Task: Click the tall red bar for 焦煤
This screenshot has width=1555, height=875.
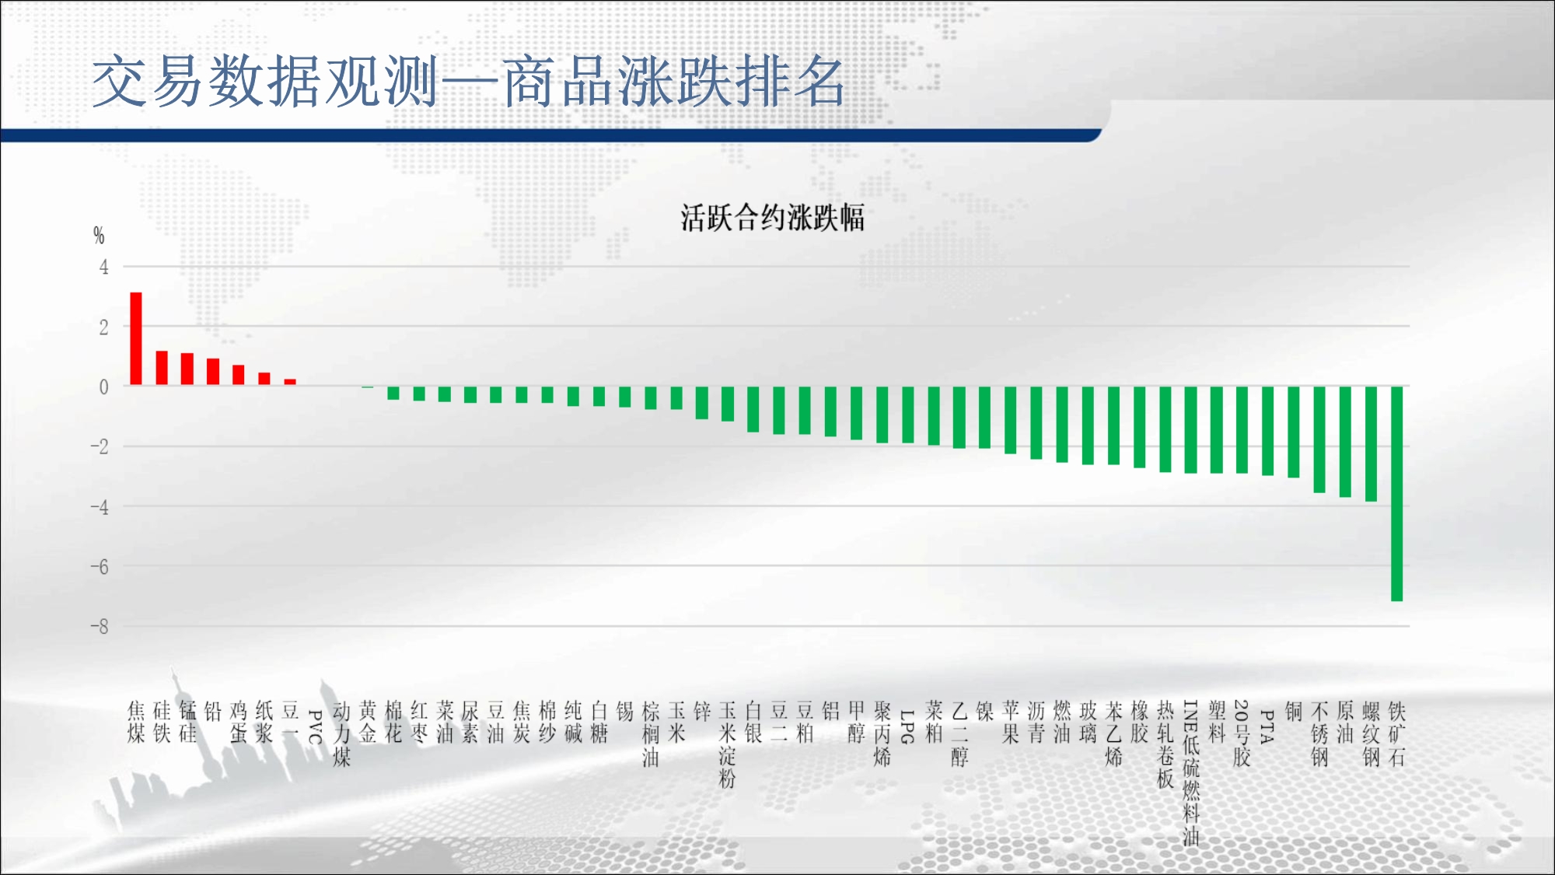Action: [136, 338]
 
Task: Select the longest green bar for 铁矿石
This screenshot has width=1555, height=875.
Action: [1396, 493]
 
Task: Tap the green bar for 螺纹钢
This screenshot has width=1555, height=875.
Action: [1371, 443]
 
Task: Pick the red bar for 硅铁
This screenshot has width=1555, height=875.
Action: [162, 368]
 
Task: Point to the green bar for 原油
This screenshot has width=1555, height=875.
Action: [1345, 441]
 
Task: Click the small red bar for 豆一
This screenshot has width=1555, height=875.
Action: [290, 382]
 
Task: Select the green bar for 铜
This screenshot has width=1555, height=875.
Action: [1294, 432]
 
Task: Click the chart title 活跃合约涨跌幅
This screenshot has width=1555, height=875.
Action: [772, 218]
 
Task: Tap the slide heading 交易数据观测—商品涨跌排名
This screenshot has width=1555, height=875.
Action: [468, 82]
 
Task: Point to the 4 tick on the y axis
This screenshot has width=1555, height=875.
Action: [103, 268]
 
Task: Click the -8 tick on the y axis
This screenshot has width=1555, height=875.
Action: [100, 627]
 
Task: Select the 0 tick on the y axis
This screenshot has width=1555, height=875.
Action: [103, 387]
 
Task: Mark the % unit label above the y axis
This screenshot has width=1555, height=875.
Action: [99, 235]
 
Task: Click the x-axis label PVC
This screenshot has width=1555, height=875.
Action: [316, 726]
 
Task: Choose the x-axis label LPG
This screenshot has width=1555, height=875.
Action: [907, 726]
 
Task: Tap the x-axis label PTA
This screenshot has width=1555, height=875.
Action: [1267, 726]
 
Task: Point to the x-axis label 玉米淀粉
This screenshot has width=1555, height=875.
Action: [728, 744]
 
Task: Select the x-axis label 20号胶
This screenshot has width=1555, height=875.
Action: [1242, 733]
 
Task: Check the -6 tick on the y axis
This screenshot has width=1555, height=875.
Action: [100, 567]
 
